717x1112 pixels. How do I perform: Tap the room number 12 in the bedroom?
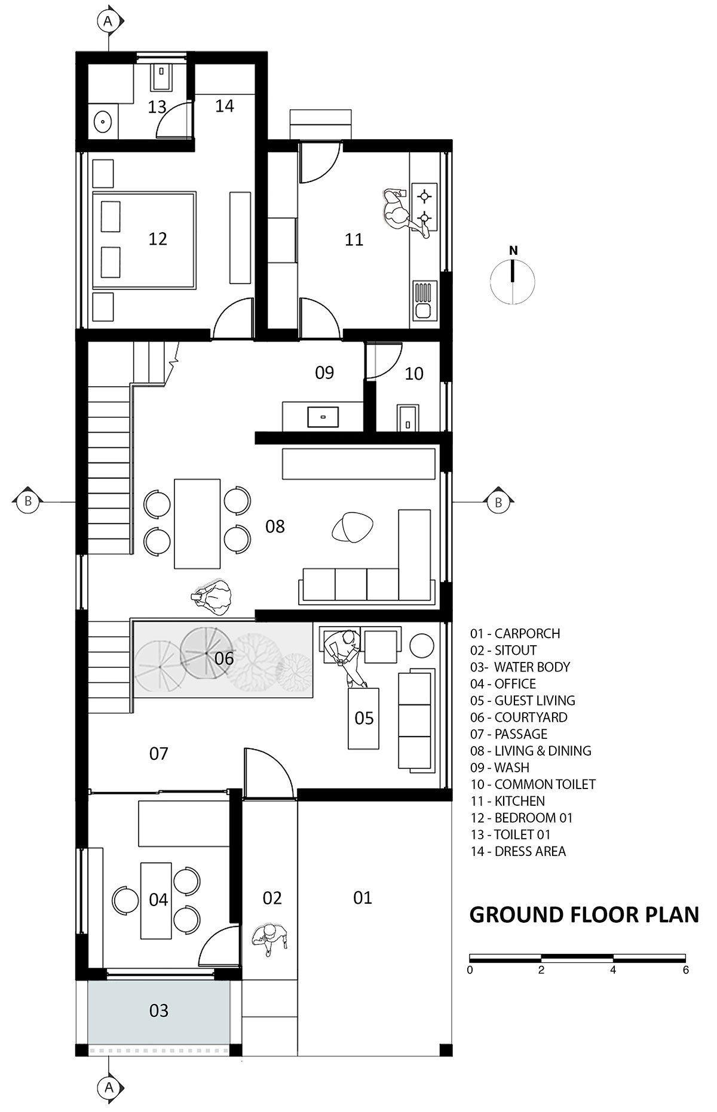(x=158, y=239)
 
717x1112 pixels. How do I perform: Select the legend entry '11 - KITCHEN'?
(x=507, y=801)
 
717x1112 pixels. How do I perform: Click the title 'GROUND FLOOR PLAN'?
(x=584, y=914)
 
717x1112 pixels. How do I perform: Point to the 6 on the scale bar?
(x=685, y=970)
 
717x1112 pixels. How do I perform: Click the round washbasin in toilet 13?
(x=103, y=122)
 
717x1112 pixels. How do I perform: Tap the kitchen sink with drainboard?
(x=424, y=301)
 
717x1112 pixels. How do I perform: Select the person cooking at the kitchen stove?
(x=402, y=211)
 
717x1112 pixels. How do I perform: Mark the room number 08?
(x=275, y=526)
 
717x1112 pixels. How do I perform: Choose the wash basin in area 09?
(x=323, y=416)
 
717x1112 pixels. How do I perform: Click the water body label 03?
(x=159, y=1011)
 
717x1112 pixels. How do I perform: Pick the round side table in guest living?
(x=423, y=645)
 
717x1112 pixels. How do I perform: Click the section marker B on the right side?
(x=498, y=503)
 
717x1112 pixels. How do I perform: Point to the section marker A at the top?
(x=108, y=21)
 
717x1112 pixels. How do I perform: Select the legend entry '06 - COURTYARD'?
(x=519, y=717)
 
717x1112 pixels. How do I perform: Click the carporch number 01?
(x=363, y=898)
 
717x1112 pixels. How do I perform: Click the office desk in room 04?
(x=157, y=900)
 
